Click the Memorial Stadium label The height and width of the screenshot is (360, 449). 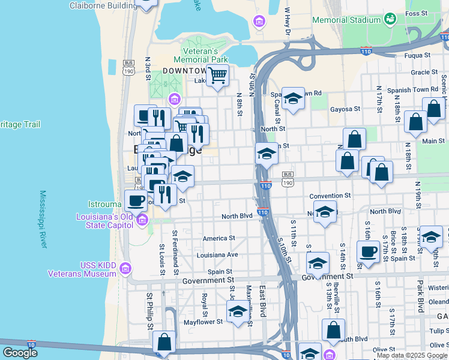(x=346, y=20)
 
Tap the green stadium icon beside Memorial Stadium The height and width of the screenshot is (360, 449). (x=390, y=19)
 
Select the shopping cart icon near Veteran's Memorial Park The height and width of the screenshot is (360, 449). (x=217, y=76)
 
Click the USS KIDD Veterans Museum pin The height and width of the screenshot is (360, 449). (x=125, y=268)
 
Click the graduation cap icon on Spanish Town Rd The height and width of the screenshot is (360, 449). (x=293, y=98)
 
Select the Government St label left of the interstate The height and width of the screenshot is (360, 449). (x=208, y=280)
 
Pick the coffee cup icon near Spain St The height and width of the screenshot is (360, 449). (x=367, y=251)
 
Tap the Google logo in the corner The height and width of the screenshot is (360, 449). (x=19, y=353)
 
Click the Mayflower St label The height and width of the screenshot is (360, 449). (x=203, y=322)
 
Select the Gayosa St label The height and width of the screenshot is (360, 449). (x=345, y=109)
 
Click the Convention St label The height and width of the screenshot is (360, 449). (x=330, y=196)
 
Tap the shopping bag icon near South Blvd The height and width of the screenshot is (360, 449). (x=333, y=330)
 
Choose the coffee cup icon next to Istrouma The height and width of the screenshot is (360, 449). (x=135, y=200)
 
